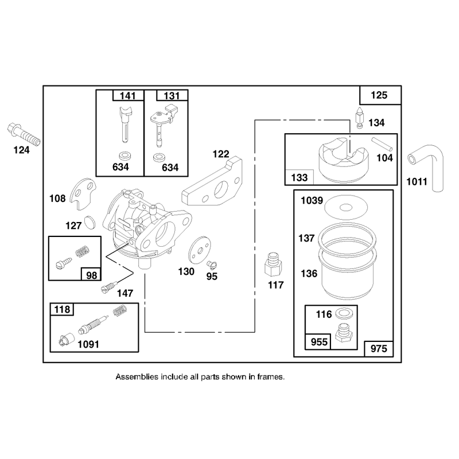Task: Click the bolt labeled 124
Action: pyautogui.click(x=24, y=135)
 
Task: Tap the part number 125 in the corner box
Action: pyautogui.click(x=379, y=95)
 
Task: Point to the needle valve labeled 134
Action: pyautogui.click(x=359, y=118)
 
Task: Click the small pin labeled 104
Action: pyautogui.click(x=382, y=145)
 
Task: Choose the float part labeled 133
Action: pyautogui.click(x=343, y=160)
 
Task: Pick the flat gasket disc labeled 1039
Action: pyautogui.click(x=346, y=208)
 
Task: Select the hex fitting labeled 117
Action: pyautogui.click(x=274, y=264)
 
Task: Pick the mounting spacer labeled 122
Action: pyautogui.click(x=212, y=181)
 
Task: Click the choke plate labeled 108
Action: pyautogui.click(x=83, y=193)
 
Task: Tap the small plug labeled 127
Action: pyautogui.click(x=90, y=223)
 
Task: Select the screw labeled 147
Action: pyautogui.click(x=109, y=286)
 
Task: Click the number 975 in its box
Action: pyautogui.click(x=379, y=349)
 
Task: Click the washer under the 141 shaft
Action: pyautogui.click(x=125, y=155)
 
